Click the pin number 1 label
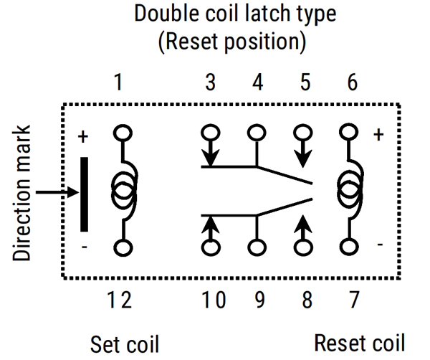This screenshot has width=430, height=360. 119,83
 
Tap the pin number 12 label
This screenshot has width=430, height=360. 120,299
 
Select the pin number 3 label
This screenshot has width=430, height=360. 210,83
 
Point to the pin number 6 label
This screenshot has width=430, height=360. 352,83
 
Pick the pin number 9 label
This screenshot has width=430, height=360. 258,299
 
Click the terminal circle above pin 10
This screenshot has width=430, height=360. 210,248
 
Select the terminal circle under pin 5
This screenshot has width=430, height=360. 305,133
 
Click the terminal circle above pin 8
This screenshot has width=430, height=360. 305,248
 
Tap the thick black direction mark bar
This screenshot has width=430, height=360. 85,194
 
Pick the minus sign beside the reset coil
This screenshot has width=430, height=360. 379,245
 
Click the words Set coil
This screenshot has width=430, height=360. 124,343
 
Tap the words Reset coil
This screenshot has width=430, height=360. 359,342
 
